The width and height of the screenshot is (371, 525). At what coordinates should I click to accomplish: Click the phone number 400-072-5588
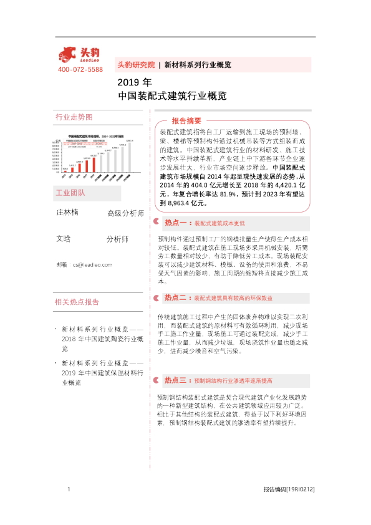[x=80, y=69]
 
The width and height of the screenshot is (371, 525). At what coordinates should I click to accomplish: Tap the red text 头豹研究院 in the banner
[x=135, y=65]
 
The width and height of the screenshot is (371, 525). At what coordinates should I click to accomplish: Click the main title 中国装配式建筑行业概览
[x=171, y=97]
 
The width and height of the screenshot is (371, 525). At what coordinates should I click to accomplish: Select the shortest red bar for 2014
[x=65, y=170]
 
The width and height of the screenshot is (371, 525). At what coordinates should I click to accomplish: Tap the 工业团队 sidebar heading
[x=70, y=193]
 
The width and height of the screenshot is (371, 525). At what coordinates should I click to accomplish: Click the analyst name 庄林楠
[x=67, y=213]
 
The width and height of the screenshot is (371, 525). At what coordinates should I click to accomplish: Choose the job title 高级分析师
[x=125, y=214]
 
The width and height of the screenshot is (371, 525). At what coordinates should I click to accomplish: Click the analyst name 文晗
[x=63, y=238]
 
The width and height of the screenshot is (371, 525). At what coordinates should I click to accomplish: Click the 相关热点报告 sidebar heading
[x=77, y=302]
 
